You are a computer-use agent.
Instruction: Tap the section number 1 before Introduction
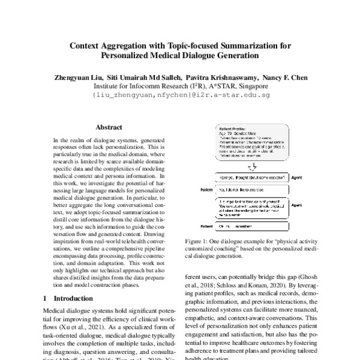coord(46,298)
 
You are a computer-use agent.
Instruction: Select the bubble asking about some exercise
coord(251,178)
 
